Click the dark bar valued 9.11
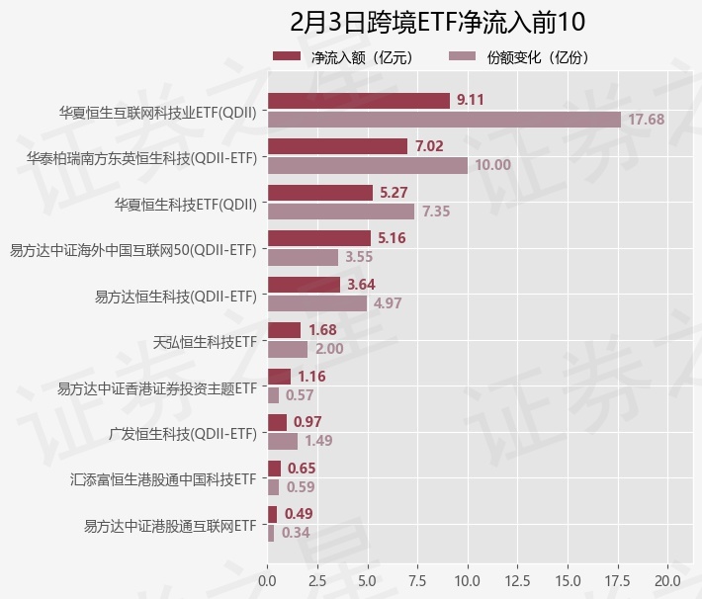tap(358, 101)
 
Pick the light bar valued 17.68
tap(444, 120)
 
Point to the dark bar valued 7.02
tap(337, 146)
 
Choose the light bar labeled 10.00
tap(367, 165)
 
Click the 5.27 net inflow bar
tap(319, 193)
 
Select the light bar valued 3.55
tap(303, 257)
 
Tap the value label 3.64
tap(362, 285)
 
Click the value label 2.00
tap(329, 349)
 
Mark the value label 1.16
tap(311, 377)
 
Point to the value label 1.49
tap(318, 441)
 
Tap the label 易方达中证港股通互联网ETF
tap(170, 526)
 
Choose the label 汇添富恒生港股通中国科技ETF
tap(163, 480)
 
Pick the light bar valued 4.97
tap(316, 303)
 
